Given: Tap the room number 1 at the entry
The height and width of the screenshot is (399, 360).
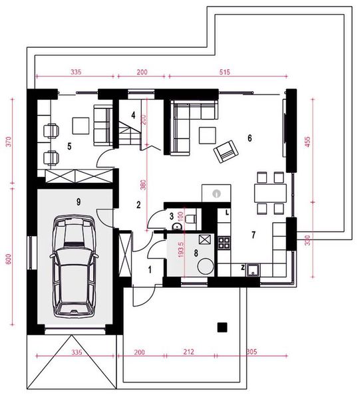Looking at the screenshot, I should tap(150, 269).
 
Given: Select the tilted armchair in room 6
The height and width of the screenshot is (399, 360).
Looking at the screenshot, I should tap(225, 152).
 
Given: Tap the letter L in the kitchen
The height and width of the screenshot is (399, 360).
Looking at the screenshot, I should tap(228, 212).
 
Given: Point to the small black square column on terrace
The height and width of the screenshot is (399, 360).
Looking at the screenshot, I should tap(222, 326).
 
